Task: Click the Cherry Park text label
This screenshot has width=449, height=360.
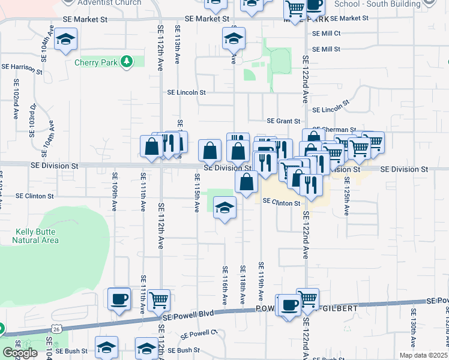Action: point(96,62)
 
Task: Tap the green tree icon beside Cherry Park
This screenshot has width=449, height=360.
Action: point(126,62)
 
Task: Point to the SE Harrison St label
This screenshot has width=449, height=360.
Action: point(22,69)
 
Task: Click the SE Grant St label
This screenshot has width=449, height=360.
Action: point(283,121)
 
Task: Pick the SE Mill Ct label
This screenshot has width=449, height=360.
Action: point(326,34)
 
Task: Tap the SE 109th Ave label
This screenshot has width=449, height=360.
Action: point(114,191)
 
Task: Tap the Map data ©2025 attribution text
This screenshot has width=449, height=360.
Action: point(423,355)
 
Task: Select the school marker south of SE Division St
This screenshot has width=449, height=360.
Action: point(225,208)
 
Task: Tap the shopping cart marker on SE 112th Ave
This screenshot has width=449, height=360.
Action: point(159,298)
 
